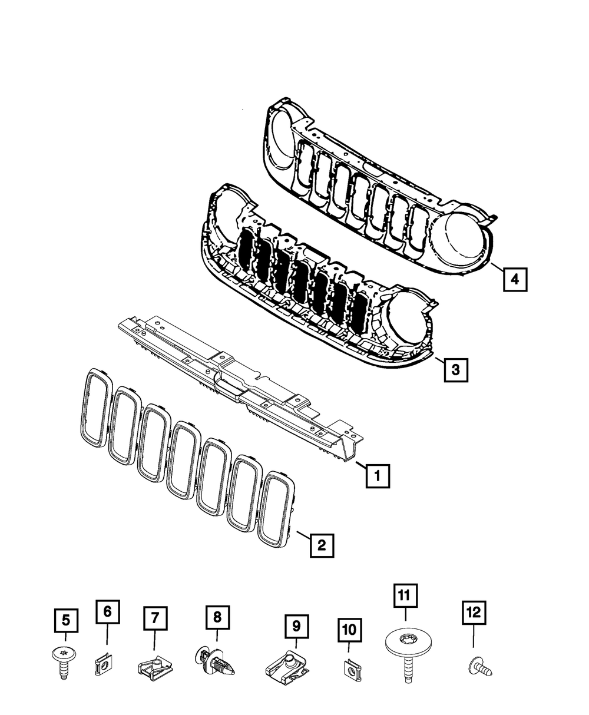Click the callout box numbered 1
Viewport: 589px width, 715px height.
377,475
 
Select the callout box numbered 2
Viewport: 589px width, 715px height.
322,545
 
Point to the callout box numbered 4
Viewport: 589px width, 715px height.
515,279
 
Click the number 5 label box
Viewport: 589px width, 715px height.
65,620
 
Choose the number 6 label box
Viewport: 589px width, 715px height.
107,612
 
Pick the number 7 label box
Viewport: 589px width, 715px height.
155,618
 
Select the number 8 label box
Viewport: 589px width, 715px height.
217,617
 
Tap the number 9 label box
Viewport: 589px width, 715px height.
296,625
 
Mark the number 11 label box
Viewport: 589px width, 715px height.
405,596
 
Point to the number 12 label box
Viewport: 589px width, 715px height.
474,613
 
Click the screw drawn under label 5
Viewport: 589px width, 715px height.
62,660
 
